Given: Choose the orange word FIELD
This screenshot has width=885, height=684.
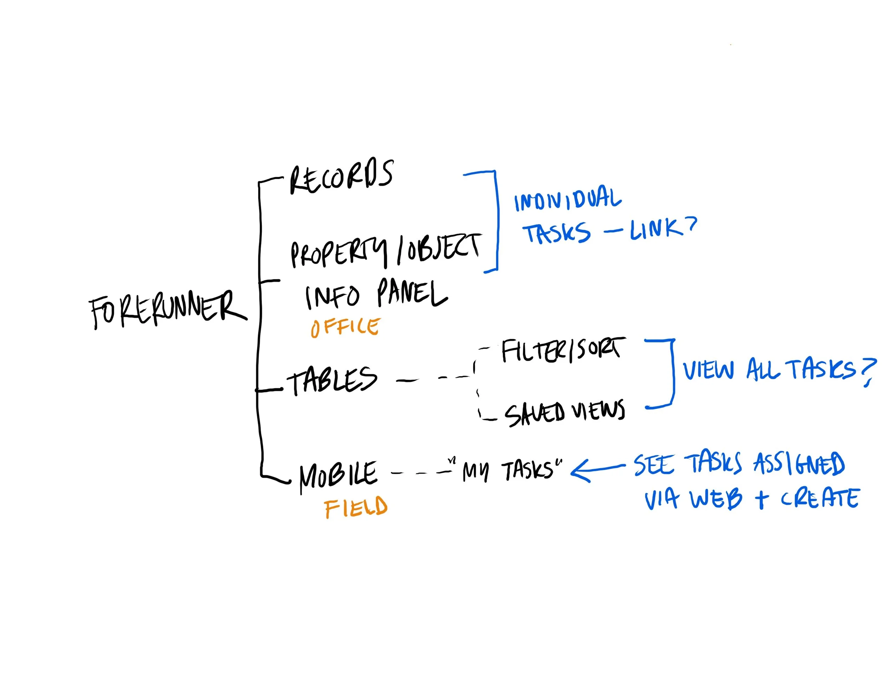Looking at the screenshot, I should [x=356, y=507].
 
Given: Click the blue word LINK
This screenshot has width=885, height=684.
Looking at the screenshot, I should [x=656, y=229].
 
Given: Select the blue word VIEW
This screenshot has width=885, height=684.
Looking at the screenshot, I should [x=708, y=370].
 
